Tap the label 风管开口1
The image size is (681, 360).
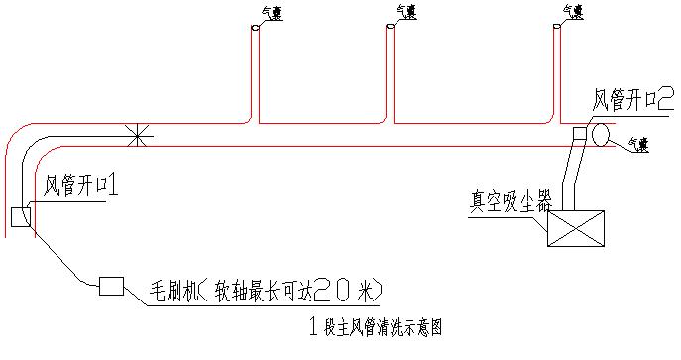[x=81, y=186]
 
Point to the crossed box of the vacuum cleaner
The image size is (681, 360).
[x=577, y=229]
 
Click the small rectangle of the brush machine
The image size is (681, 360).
[x=111, y=287]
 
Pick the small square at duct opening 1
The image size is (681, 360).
[x=20, y=217]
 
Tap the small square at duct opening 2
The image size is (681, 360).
[x=580, y=132]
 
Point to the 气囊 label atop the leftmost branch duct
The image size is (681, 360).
[x=271, y=14]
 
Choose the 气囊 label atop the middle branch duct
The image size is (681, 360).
[x=405, y=11]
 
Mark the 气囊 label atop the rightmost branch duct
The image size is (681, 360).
[x=572, y=11]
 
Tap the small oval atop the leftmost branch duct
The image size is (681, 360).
[x=255, y=29]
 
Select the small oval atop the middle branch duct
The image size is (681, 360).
[x=390, y=26]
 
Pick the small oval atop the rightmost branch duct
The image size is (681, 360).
[x=557, y=26]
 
